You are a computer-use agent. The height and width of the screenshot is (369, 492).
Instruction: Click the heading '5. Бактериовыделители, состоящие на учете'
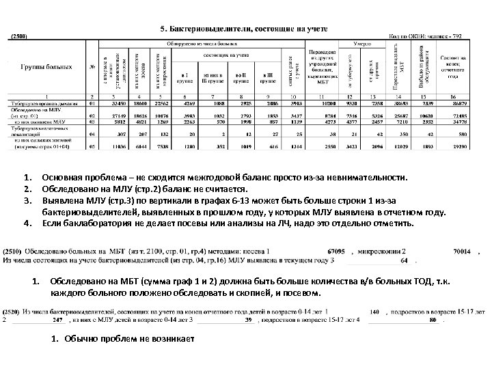pyautogui.click(x=243, y=29)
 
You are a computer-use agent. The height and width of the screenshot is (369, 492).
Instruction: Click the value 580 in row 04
pyautogui.click(x=461, y=135)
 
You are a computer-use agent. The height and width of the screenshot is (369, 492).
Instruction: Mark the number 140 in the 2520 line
pyautogui.click(x=374, y=311)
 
